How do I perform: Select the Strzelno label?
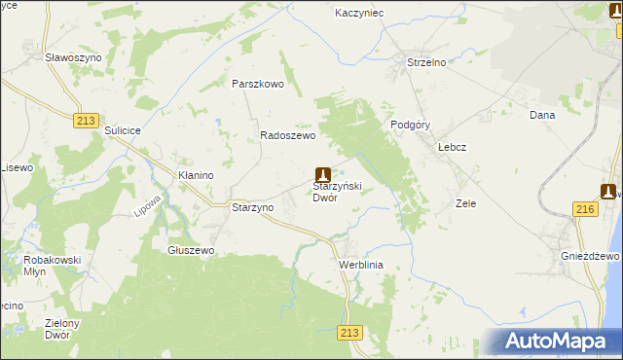(425, 62)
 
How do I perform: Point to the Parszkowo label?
(257, 84)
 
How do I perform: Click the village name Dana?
(541, 115)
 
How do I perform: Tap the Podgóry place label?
(410, 125)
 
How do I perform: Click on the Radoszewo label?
(287, 136)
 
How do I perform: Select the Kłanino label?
(195, 175)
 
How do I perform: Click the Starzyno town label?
(252, 207)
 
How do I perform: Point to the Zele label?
(465, 204)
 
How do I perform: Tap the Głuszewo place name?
(191, 250)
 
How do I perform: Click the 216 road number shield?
(585, 209)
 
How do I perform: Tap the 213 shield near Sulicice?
(86, 119)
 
